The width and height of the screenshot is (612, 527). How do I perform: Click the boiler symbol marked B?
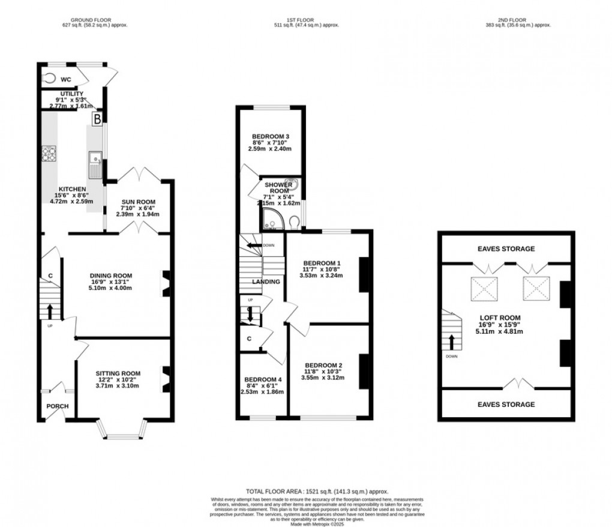[x=96, y=119]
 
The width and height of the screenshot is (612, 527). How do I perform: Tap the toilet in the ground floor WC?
[x=49, y=77]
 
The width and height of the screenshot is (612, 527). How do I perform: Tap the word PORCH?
[x=58, y=406]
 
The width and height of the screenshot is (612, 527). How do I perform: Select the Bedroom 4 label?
[x=262, y=380]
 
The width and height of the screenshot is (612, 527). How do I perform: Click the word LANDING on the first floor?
[x=266, y=282]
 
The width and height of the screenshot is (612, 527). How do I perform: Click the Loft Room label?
[x=499, y=318]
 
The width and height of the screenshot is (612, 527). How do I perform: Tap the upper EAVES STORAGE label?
[x=506, y=249]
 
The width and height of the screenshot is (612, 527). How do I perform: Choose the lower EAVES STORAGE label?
[x=506, y=405]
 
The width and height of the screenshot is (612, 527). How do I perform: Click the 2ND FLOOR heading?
[x=517, y=20]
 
